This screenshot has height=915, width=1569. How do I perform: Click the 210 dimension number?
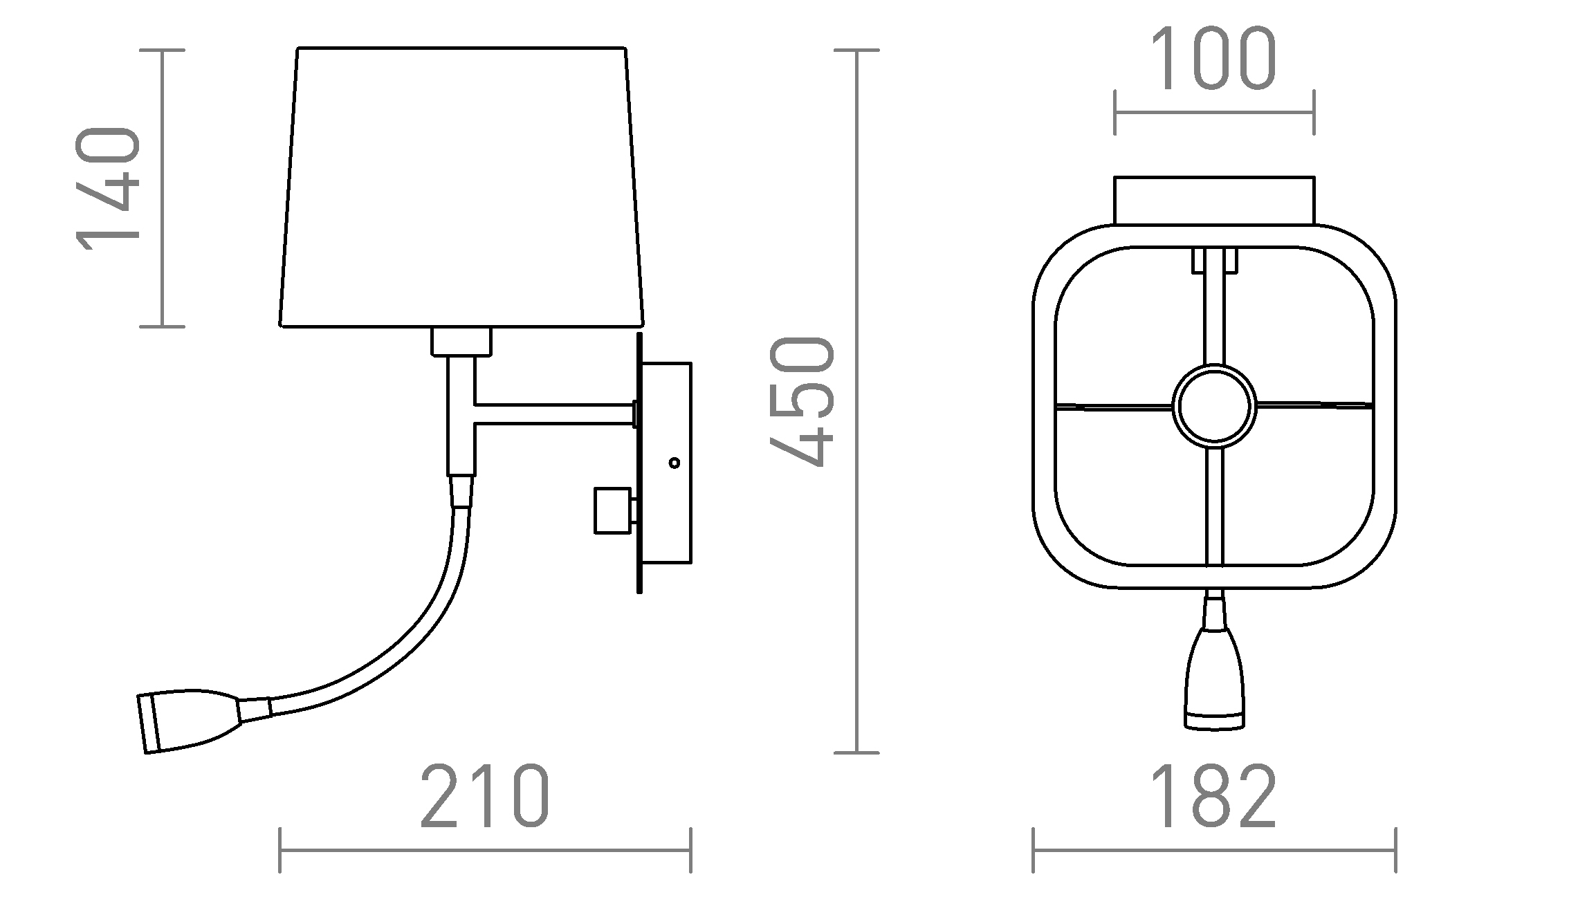[x=485, y=796]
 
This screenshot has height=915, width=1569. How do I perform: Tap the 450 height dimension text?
[x=802, y=401]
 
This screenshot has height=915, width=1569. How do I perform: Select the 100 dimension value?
[x=1213, y=59]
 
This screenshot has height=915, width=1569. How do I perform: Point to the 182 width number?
[x=1213, y=796]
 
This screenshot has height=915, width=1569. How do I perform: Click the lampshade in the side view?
[x=461, y=187]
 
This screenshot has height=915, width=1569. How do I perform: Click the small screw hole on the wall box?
[x=675, y=463]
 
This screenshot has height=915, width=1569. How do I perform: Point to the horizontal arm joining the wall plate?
[x=553, y=414]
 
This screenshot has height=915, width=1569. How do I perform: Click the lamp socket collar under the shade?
[x=461, y=342]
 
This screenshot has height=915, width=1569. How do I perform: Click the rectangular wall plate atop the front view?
[x=1213, y=201]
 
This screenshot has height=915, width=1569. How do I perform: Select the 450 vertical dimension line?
[x=857, y=401]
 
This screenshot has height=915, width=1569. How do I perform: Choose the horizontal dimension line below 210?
[x=485, y=850]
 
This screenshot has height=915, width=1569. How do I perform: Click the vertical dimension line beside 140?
[x=162, y=188]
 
